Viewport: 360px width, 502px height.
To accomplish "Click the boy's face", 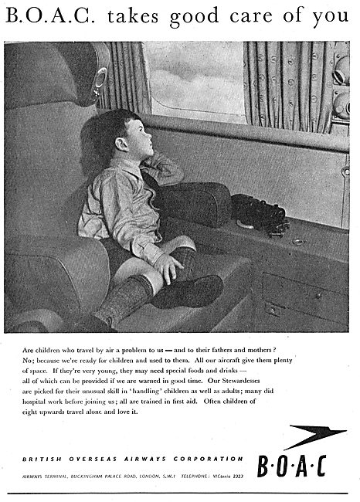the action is point(131,142).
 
